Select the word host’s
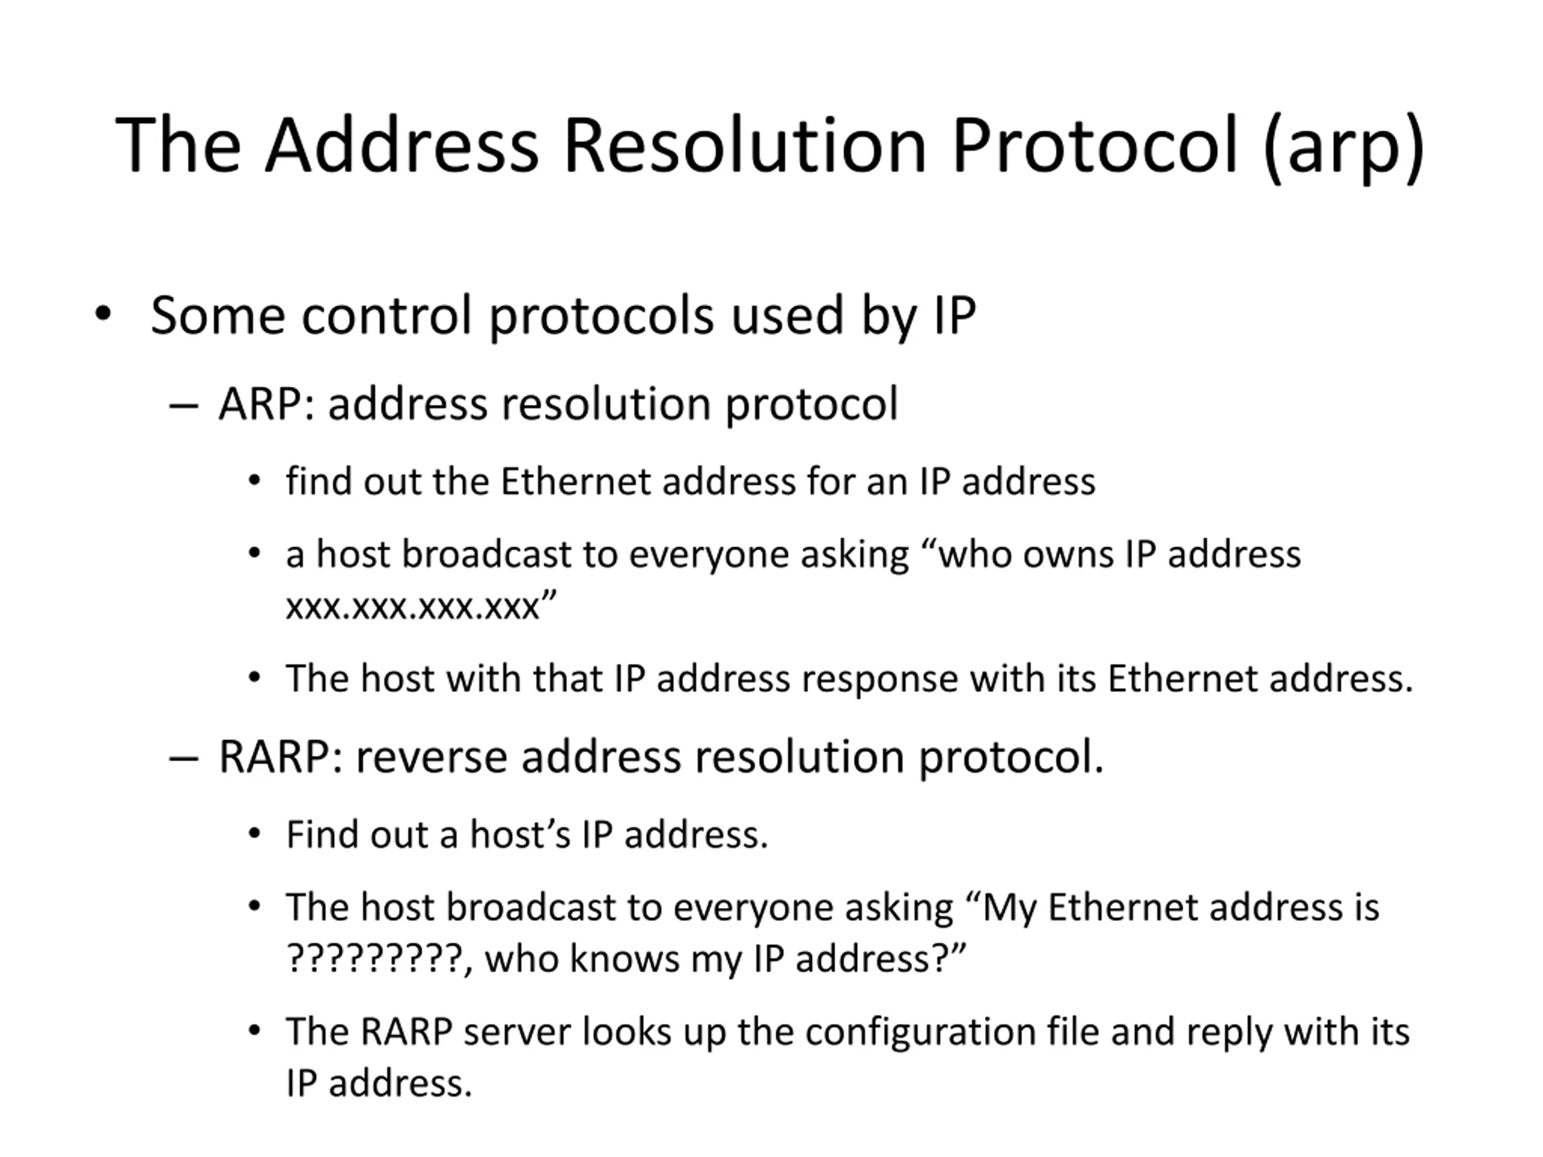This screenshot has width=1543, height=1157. coord(520,835)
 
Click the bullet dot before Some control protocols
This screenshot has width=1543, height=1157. coord(103,314)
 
